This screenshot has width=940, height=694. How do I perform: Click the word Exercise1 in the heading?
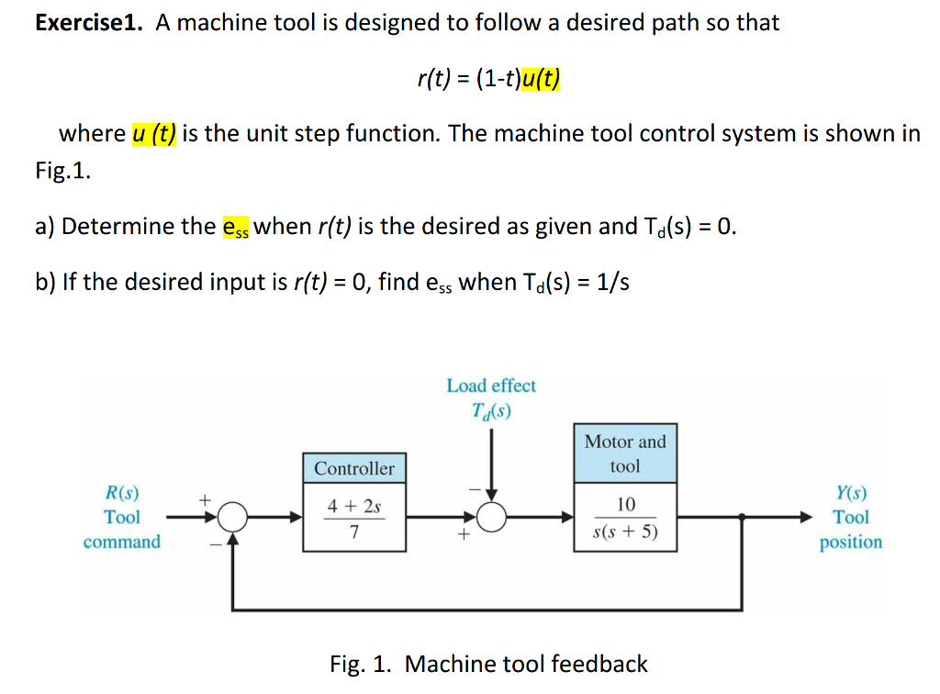click(x=88, y=23)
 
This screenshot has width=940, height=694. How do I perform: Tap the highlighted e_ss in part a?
click(x=236, y=227)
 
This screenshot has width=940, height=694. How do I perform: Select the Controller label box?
click(x=354, y=468)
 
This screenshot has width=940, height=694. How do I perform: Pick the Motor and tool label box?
click(x=625, y=453)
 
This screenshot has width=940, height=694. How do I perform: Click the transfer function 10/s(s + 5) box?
click(x=625, y=518)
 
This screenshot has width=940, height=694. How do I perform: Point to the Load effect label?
click(x=491, y=386)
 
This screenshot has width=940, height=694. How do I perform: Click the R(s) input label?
click(x=122, y=493)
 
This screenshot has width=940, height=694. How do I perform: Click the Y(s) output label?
click(x=851, y=493)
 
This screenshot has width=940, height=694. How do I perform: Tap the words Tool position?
click(x=851, y=530)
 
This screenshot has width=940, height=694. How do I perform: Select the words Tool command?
click(x=121, y=530)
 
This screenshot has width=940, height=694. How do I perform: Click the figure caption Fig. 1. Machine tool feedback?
click(x=488, y=664)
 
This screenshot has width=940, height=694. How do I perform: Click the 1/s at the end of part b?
click(x=611, y=282)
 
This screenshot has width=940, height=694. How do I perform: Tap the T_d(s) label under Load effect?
click(x=491, y=410)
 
